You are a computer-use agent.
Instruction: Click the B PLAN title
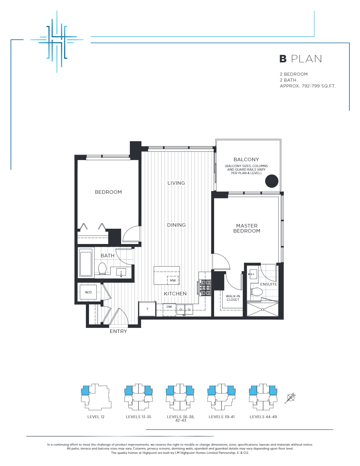click(x=300, y=59)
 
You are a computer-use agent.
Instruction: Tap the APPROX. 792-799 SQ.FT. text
click(x=307, y=86)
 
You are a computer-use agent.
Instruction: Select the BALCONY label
click(x=246, y=159)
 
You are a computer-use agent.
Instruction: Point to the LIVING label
click(x=176, y=183)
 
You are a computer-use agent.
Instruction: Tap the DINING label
click(x=176, y=225)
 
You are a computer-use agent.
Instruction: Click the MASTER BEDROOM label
click(x=247, y=228)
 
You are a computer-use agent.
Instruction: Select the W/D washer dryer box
click(x=88, y=292)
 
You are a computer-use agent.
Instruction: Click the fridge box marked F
click(x=147, y=309)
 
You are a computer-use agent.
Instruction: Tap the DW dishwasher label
click(x=169, y=307)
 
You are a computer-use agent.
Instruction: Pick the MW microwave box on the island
click(x=173, y=281)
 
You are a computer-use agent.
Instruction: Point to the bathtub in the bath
click(x=86, y=262)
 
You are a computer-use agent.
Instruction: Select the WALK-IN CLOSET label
click(x=233, y=298)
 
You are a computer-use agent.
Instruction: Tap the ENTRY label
click(x=118, y=331)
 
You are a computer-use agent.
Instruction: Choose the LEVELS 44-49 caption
click(x=263, y=417)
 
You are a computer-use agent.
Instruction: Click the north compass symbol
click(x=291, y=397)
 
